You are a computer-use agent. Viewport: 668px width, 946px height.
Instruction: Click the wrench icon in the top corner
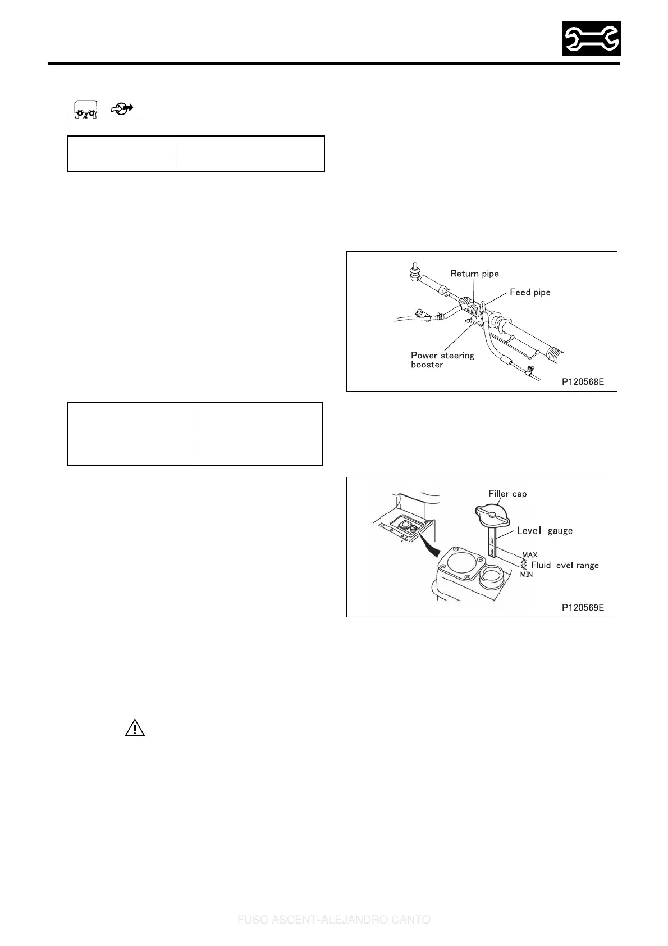(x=591, y=39)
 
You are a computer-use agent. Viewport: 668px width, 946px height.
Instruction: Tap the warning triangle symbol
(x=135, y=729)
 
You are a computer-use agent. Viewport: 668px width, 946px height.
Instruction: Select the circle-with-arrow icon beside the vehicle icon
(x=122, y=109)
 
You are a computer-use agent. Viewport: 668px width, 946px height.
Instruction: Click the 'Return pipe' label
(x=474, y=274)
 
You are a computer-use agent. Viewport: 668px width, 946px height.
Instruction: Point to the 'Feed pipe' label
(x=530, y=292)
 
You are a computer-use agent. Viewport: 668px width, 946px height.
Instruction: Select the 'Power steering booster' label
(x=442, y=360)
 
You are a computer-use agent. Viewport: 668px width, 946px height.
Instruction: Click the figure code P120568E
(x=583, y=382)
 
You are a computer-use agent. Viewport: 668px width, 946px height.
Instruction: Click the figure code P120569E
(x=583, y=608)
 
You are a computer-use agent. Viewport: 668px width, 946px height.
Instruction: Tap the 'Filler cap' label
(x=507, y=494)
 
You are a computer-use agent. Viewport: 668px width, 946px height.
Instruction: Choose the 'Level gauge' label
(x=545, y=531)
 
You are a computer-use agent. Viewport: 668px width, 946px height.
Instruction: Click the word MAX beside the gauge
(x=529, y=555)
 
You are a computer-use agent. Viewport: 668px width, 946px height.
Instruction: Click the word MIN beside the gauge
(x=527, y=575)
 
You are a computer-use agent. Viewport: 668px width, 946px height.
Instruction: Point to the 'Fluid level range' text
(x=565, y=565)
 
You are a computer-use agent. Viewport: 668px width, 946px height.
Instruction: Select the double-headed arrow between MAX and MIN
(x=524, y=565)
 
